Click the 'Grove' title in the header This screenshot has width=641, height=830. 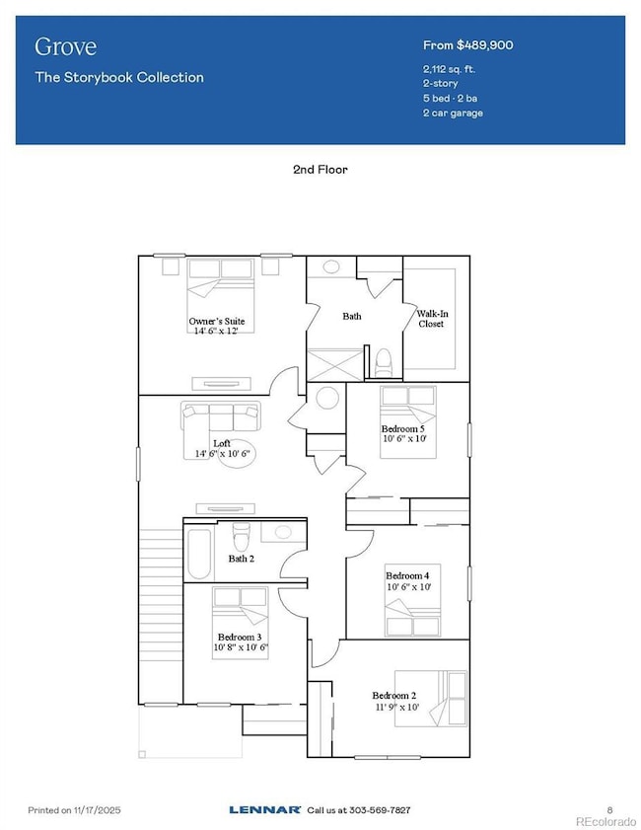pos(58,47)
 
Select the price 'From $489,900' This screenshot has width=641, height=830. pos(467,45)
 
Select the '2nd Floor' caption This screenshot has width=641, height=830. pos(320,170)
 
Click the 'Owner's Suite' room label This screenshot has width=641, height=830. pos(217,322)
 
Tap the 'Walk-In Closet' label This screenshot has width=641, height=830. pos(430,318)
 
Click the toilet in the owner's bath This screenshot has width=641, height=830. pos(384,361)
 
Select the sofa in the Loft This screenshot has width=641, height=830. pos(221,415)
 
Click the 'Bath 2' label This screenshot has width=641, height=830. pos(243,559)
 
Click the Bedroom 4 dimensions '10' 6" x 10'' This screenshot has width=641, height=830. pos(407,587)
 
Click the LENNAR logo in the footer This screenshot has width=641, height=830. pos(264,809)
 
